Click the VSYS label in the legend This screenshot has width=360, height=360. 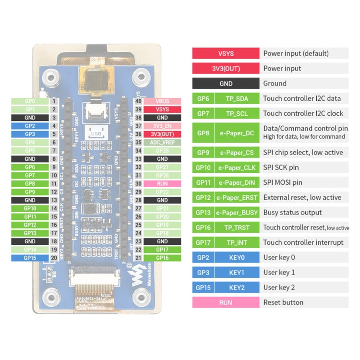(x=226, y=53)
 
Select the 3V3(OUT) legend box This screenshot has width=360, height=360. (x=226, y=68)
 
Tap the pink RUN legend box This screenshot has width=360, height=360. (x=226, y=302)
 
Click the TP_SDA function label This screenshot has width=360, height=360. (x=236, y=98)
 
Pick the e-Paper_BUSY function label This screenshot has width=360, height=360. (x=236, y=213)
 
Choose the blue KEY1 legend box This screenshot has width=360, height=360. (x=236, y=273)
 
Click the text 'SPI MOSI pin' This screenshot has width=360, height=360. (x=283, y=182)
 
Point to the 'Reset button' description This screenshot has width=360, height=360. (x=283, y=302)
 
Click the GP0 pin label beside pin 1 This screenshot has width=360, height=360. (x=30, y=101)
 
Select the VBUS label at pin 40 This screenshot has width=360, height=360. (x=162, y=101)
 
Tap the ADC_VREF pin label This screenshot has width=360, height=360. (x=162, y=143)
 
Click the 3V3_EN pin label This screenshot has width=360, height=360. (x=162, y=126)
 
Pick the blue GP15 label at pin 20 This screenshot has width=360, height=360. (x=30, y=258)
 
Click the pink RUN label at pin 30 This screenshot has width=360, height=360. (x=162, y=183)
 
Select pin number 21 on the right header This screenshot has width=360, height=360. (x=138, y=258)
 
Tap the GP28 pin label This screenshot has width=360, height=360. (x=162, y=151)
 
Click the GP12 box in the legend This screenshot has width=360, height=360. (x=202, y=198)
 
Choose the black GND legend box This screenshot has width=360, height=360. (x=226, y=84)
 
